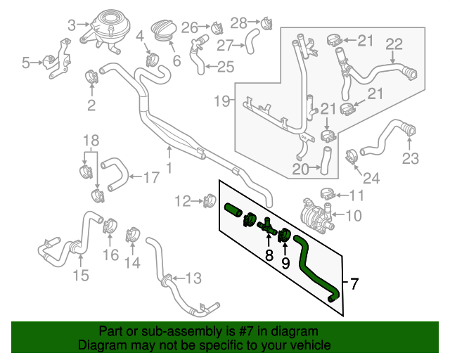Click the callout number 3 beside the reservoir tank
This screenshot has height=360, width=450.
(x=71, y=26)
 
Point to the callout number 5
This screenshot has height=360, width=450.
(x=26, y=63)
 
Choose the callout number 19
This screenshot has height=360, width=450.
(x=221, y=101)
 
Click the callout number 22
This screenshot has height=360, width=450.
(x=394, y=44)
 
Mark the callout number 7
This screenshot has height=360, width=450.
(x=354, y=284)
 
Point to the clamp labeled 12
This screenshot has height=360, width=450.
(x=208, y=202)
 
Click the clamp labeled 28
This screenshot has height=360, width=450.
(x=265, y=23)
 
